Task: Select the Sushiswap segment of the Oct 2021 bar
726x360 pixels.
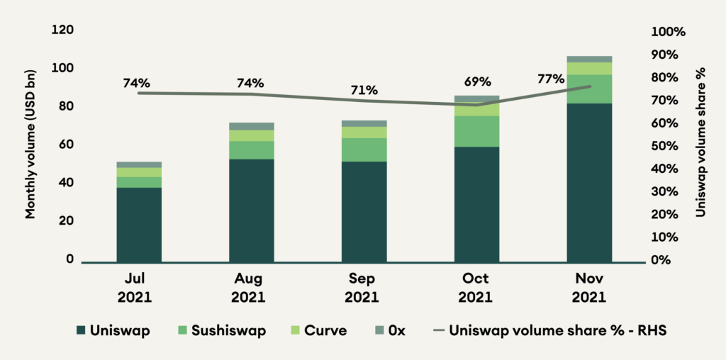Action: [476, 131]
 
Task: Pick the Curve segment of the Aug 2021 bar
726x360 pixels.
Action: [252, 135]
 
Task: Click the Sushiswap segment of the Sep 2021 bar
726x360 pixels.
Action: [364, 150]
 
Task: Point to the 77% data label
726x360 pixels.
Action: [551, 79]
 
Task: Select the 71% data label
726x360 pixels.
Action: [364, 91]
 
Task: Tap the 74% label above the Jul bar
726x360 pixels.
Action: [137, 82]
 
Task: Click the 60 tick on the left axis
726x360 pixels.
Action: [64, 145]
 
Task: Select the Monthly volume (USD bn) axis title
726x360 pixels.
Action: [30, 145]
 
